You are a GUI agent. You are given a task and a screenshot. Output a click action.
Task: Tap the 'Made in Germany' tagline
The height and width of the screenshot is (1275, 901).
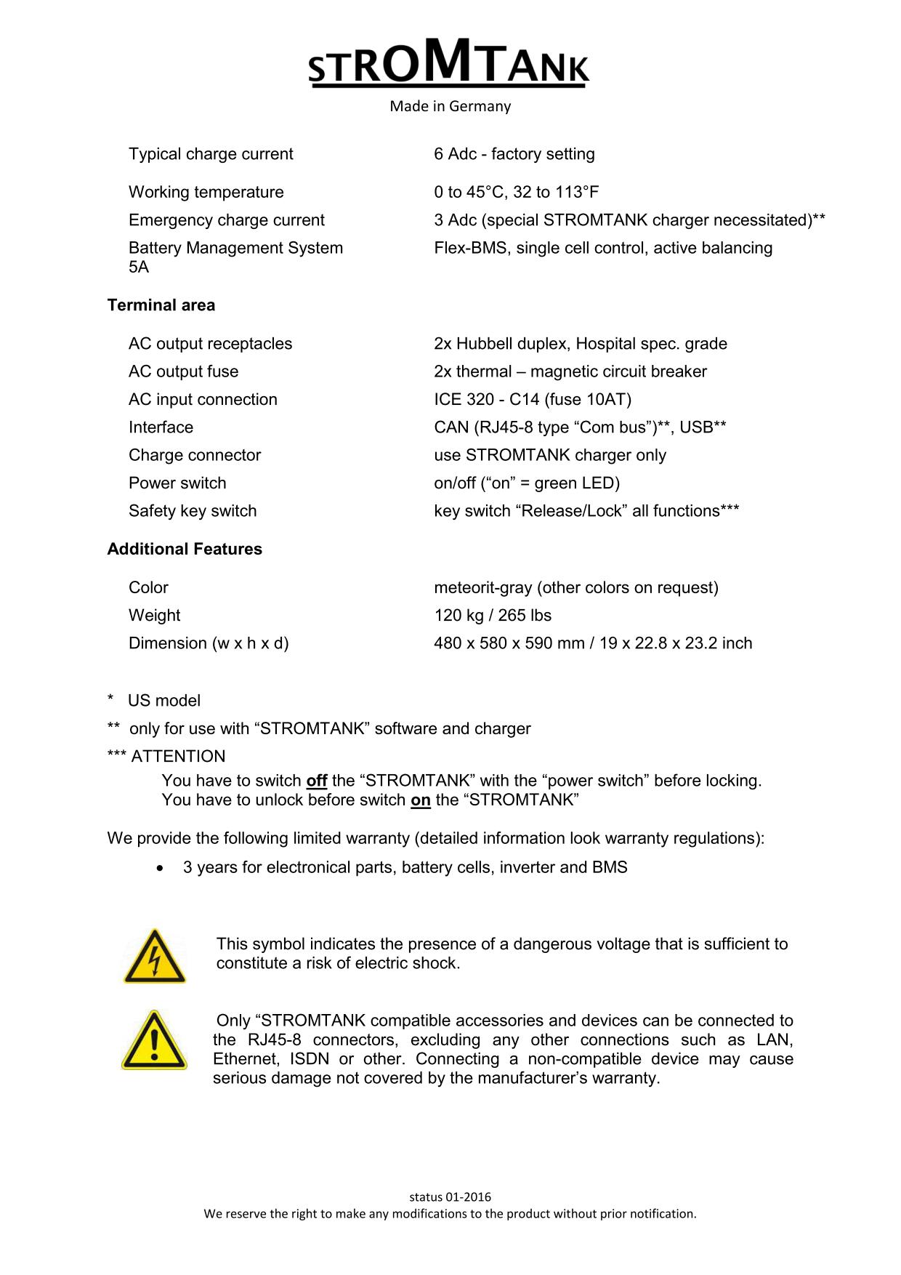pyautogui.click(x=450, y=107)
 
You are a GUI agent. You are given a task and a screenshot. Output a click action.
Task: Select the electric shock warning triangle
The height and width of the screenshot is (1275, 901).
pyautogui.click(x=154, y=957)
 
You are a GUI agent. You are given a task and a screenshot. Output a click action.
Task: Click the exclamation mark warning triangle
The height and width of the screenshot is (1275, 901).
pyautogui.click(x=154, y=1040)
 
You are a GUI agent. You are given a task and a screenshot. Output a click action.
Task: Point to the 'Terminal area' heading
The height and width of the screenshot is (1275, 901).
pyautogui.click(x=161, y=305)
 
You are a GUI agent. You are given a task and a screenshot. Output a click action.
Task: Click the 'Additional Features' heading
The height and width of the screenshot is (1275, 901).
pyautogui.click(x=185, y=550)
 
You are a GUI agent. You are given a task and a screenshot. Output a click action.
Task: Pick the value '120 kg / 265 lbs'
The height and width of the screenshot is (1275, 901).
pyautogui.click(x=493, y=616)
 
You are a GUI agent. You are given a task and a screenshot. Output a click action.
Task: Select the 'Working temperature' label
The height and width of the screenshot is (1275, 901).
pyautogui.click(x=206, y=193)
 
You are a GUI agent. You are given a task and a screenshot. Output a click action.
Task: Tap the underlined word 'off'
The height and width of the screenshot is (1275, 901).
pyautogui.click(x=317, y=781)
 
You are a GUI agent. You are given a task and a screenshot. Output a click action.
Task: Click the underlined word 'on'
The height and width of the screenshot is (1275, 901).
pyautogui.click(x=421, y=800)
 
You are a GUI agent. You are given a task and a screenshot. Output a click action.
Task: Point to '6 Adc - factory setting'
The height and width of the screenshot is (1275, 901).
pyautogui.click(x=514, y=154)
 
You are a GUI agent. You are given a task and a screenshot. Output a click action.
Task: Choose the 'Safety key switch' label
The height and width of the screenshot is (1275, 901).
pyautogui.click(x=193, y=511)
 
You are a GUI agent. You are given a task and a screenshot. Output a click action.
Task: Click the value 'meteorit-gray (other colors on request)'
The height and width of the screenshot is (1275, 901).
pyautogui.click(x=576, y=587)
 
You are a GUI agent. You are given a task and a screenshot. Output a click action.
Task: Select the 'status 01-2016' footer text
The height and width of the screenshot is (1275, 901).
pyautogui.click(x=450, y=1196)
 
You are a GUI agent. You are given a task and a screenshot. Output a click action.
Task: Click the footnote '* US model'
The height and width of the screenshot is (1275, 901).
pyautogui.click(x=154, y=701)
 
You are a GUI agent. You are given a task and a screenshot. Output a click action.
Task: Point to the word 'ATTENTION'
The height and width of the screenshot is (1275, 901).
pyautogui.click(x=178, y=757)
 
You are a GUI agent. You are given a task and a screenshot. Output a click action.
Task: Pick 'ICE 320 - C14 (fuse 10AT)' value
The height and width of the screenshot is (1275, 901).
pyautogui.click(x=533, y=400)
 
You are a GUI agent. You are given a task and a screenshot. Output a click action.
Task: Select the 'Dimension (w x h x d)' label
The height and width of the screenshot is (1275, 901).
pyautogui.click(x=209, y=643)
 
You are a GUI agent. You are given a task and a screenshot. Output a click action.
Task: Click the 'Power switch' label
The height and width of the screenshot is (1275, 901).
pyautogui.click(x=177, y=483)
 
